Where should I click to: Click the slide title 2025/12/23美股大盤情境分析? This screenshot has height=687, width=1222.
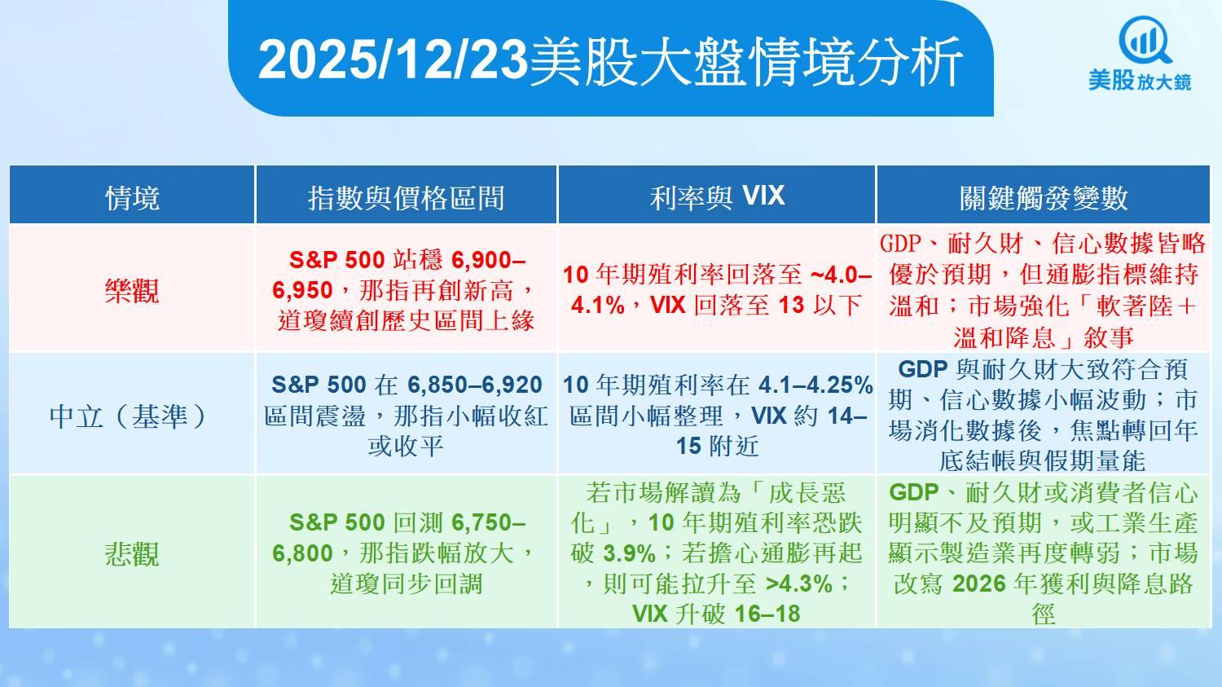(610, 60)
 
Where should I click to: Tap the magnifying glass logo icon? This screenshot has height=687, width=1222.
(1144, 40)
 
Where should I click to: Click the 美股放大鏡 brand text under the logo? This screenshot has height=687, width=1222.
(1140, 81)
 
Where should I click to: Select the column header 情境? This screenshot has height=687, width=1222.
(132, 197)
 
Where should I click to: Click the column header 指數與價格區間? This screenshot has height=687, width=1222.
(406, 197)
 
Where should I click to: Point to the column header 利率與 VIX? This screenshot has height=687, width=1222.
(717, 196)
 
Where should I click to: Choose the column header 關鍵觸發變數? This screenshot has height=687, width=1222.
(1043, 197)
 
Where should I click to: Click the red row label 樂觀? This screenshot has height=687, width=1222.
(132, 290)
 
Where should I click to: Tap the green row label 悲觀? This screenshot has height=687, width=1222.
(132, 553)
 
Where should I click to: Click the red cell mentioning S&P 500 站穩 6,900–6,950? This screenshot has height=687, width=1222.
(406, 290)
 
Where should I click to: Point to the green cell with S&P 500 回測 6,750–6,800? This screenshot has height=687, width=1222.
(406, 553)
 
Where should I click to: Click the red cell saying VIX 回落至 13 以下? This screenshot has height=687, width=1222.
(717, 290)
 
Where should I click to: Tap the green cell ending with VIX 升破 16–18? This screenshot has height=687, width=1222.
(717, 553)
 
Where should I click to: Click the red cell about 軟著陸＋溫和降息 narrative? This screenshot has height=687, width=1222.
(1043, 290)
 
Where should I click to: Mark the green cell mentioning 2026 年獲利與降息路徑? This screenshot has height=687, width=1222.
(1043, 553)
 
